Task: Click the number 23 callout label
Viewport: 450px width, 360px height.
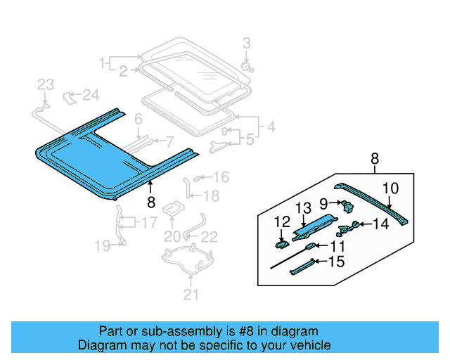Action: (45, 85)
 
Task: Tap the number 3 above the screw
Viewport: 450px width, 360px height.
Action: (246, 44)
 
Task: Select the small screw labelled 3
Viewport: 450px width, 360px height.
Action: (247, 66)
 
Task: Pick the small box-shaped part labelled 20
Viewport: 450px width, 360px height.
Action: (173, 210)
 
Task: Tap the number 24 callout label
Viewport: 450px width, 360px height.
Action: (91, 95)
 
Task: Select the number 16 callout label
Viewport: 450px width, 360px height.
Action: (221, 176)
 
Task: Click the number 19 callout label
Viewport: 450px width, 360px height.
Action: (103, 245)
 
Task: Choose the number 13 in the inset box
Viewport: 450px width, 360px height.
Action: (302, 207)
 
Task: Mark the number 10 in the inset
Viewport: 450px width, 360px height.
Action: (390, 188)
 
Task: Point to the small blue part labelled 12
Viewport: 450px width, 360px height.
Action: (281, 244)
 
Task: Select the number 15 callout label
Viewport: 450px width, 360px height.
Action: (337, 262)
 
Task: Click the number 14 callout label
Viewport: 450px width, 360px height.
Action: (380, 224)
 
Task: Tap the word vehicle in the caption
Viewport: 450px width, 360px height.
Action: (309, 345)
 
